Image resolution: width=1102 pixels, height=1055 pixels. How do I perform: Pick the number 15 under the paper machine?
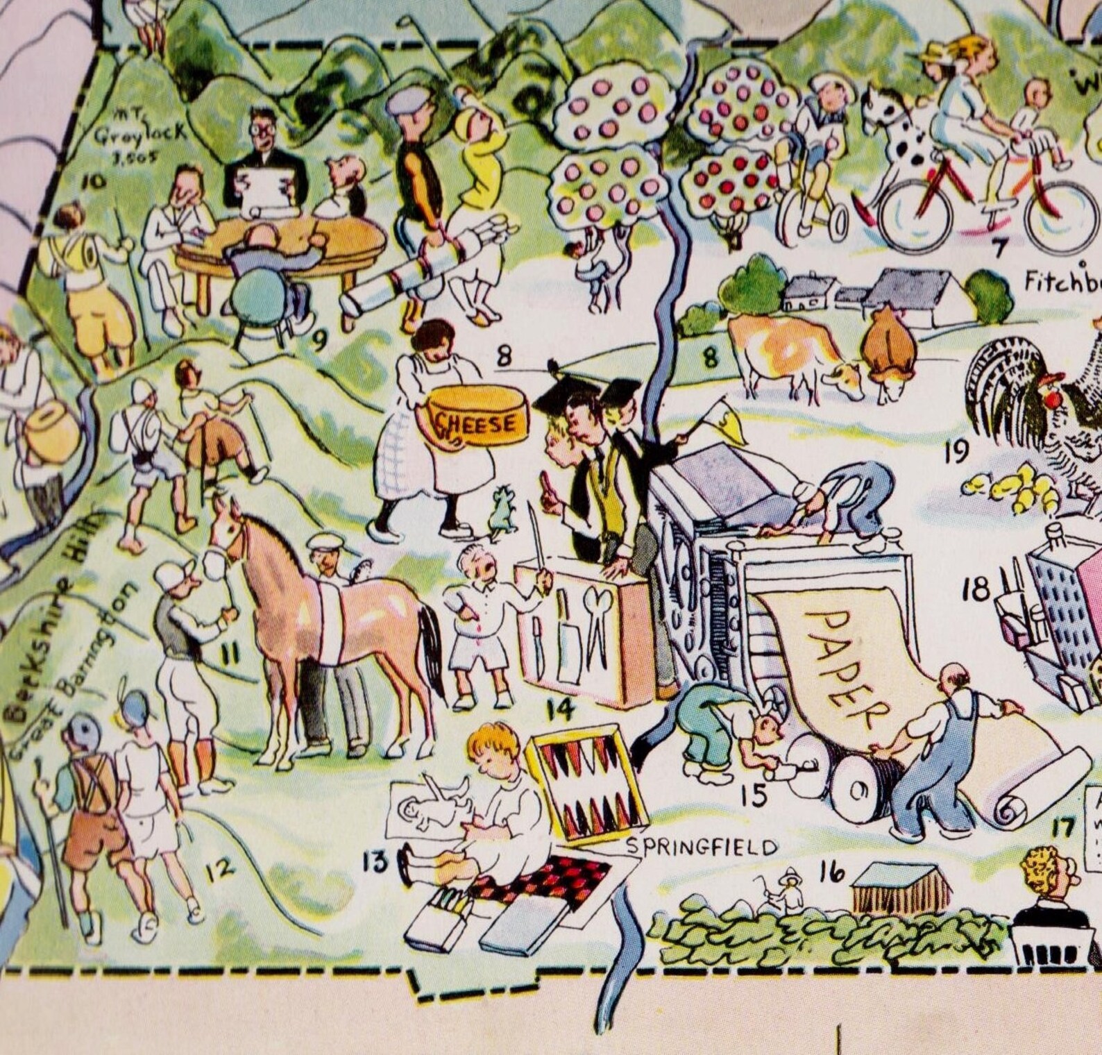(754, 795)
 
